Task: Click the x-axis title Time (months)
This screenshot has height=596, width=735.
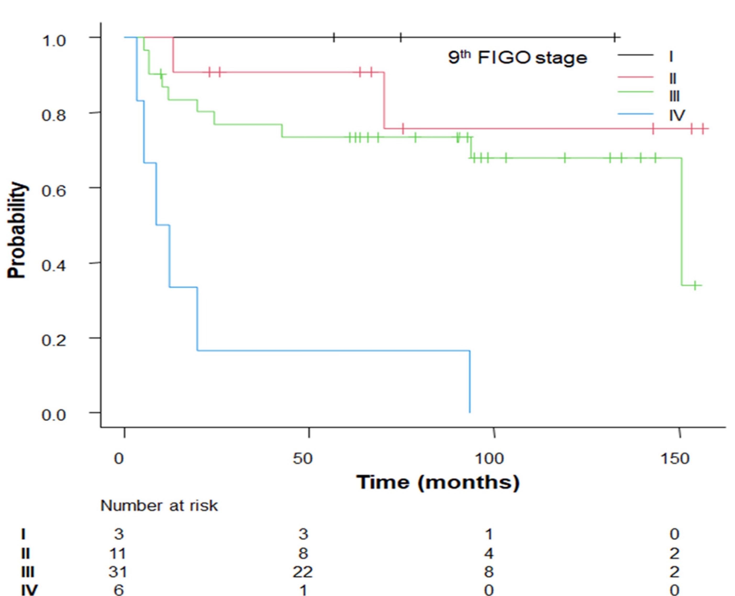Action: click(438, 482)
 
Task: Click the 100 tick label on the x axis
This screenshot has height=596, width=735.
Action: click(489, 459)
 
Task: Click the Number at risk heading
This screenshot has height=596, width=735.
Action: click(159, 506)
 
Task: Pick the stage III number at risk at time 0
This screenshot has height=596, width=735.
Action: click(118, 572)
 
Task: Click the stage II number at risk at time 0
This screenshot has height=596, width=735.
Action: click(118, 553)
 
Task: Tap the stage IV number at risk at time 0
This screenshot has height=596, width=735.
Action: click(118, 590)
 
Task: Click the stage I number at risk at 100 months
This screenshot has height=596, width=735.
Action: click(489, 535)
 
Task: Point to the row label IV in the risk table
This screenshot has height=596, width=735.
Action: click(29, 590)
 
